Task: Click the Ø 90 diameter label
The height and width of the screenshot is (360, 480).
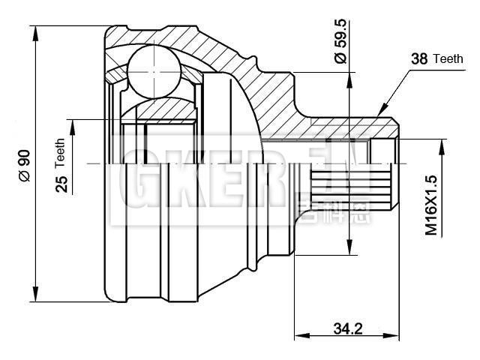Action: [x=23, y=165]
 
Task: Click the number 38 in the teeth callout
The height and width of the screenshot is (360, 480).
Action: [x=421, y=58]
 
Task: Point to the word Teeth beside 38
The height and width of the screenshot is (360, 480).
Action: [x=448, y=58]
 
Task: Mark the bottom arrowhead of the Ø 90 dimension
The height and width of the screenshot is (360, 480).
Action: [x=36, y=296]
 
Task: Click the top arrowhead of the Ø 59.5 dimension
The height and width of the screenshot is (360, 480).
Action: [x=348, y=79]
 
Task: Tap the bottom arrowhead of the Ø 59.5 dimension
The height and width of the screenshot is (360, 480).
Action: [x=348, y=247]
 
